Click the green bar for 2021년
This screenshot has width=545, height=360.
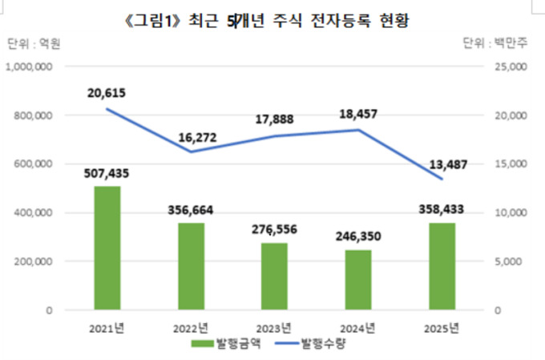coord(107,248)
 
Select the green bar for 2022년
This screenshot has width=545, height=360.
coord(191,266)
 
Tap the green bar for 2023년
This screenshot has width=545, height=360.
coord(274,276)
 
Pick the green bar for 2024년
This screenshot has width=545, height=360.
coord(357,280)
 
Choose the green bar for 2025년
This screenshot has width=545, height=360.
coord(442,266)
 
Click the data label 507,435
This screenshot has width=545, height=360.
coord(107,172)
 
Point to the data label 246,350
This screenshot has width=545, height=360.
coord(357,237)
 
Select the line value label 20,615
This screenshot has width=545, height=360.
coord(107,93)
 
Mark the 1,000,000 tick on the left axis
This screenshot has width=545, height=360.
coord(30,67)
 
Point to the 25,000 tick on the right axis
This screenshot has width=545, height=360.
coord(512,67)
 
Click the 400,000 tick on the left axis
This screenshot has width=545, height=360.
coord(34,213)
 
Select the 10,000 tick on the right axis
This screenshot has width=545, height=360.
coord(512,213)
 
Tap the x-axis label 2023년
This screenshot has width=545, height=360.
coord(274,327)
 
